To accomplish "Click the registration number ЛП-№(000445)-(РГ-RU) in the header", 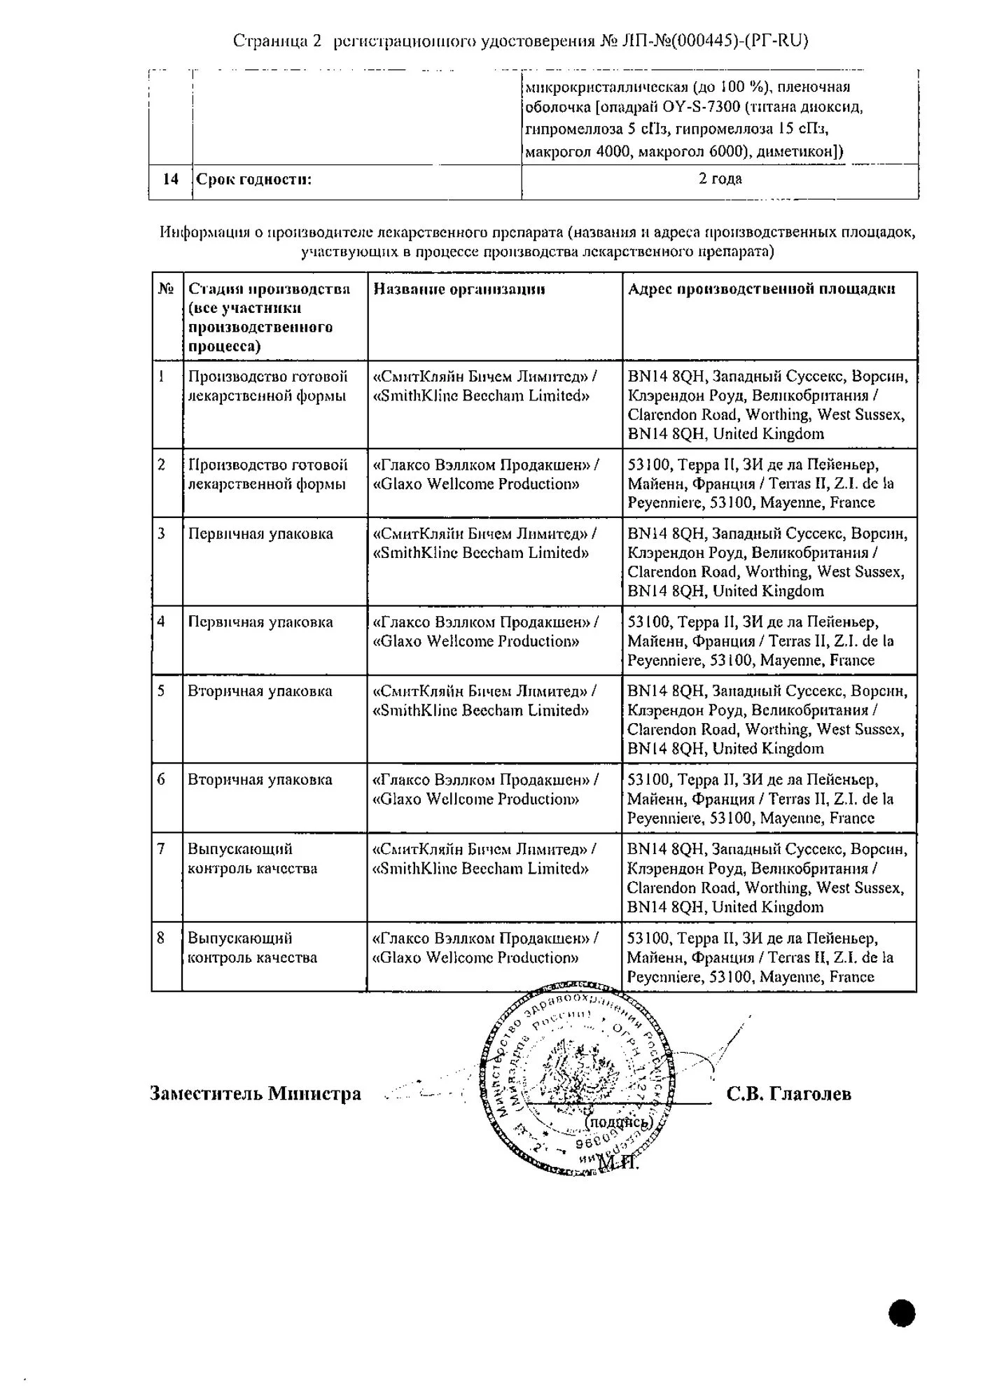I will (715, 41).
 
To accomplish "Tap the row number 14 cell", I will (171, 179).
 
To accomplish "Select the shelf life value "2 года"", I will (720, 178).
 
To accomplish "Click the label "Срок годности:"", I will (254, 179).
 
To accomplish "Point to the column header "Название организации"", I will (459, 289).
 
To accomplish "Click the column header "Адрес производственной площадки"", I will (761, 289).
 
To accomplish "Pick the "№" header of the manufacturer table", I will (167, 289).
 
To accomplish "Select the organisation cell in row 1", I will (485, 386).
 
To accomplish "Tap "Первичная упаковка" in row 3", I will (260, 534).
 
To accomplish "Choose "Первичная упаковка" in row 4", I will (260, 622).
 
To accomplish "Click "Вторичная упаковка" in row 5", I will (260, 692).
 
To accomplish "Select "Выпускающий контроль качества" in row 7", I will (253, 859).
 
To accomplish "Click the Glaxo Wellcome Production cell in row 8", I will (485, 948).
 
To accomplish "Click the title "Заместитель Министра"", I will (256, 1093).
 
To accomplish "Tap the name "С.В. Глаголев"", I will (789, 1093).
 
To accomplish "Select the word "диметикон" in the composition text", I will (791, 151).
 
